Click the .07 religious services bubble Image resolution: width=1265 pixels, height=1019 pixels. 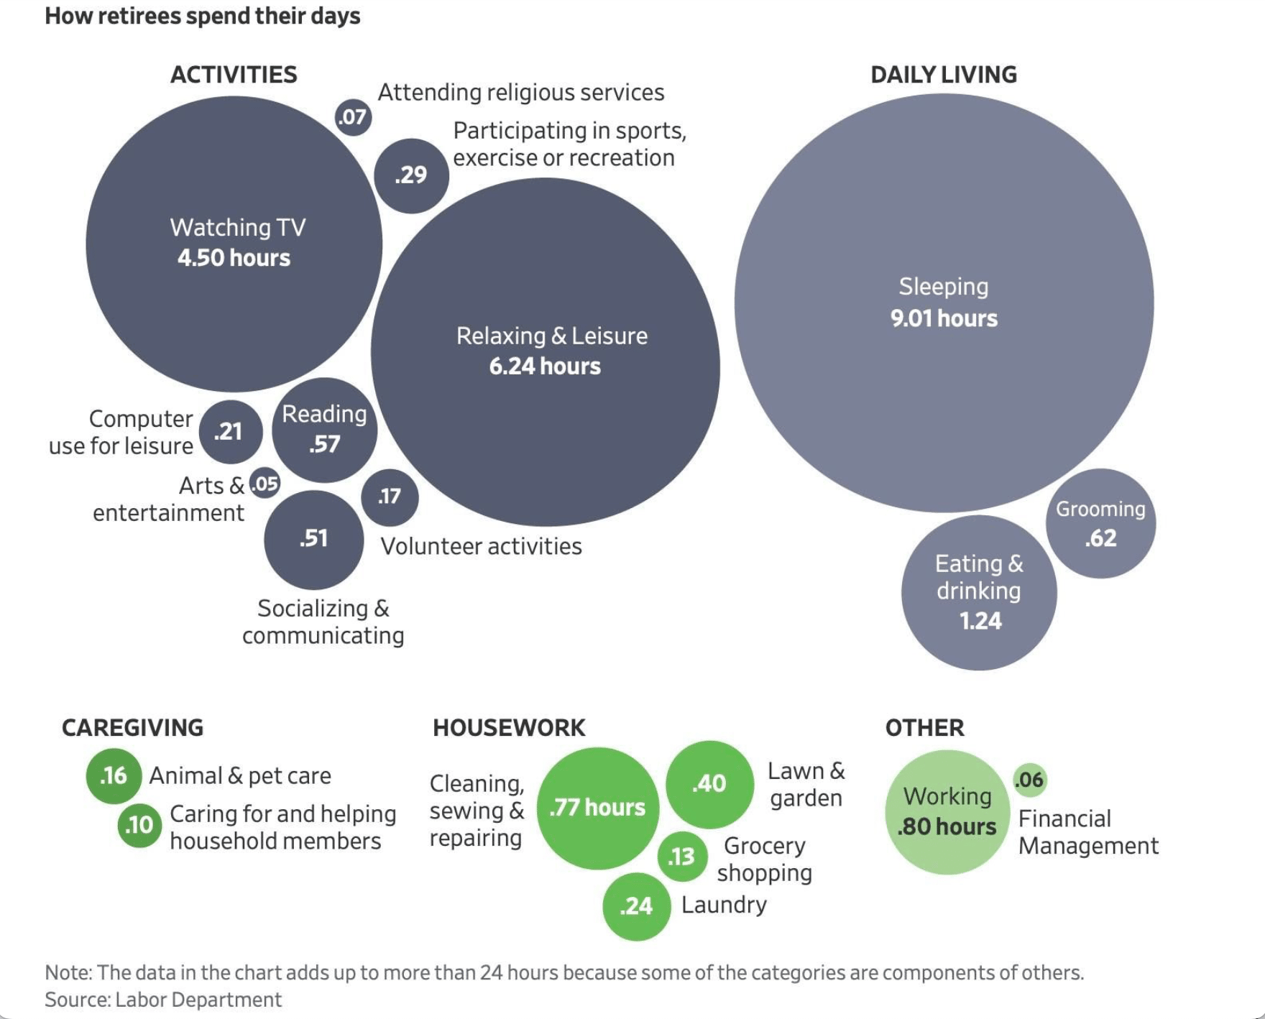pos(353,117)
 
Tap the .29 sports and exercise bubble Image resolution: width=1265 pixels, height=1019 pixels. pos(411,175)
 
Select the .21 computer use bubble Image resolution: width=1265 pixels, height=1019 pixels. pos(231,432)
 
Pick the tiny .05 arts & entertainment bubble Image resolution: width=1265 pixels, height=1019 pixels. pos(264,484)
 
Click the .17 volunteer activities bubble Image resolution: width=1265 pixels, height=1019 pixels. pos(390,497)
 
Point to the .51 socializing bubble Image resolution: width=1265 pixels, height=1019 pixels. pos(313,540)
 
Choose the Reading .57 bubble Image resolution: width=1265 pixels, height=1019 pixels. pos(324,430)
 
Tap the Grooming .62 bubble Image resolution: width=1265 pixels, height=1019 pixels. pos(1100,523)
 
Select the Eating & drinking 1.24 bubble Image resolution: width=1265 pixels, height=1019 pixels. pos(979,593)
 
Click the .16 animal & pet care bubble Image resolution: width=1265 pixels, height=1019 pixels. pos(114,776)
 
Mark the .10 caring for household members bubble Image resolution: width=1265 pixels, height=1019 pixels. pos(139,825)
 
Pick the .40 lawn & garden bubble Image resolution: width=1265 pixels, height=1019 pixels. pos(709,784)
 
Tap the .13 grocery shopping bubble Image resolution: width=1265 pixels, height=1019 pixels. pos(681,857)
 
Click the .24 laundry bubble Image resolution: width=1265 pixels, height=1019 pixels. pos(636,906)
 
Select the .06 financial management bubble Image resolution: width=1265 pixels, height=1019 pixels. pos(1030,780)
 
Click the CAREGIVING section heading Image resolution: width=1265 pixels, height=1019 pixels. pos(132,728)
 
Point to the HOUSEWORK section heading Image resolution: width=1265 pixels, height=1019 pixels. pos(509,728)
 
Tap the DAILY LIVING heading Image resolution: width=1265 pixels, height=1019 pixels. pos(944,75)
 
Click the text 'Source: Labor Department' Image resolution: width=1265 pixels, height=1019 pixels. pos(163,1000)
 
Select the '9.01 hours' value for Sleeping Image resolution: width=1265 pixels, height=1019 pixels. pos(944,318)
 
